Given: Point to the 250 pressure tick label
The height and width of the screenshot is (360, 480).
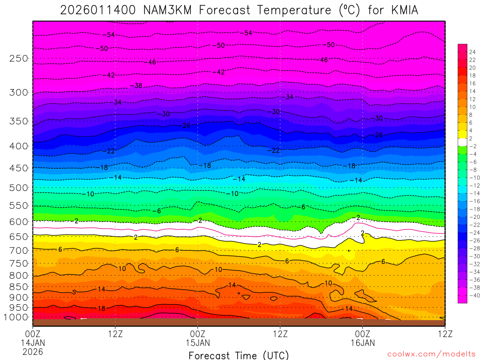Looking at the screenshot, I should pos(19,59).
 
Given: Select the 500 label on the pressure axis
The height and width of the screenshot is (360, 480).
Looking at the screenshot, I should pos(19,188).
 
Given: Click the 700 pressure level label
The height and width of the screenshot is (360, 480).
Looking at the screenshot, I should pos(19,250).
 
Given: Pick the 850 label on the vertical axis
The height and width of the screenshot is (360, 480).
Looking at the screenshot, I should pos(19,287).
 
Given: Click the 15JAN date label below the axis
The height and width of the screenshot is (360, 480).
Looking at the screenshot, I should pos(198,343).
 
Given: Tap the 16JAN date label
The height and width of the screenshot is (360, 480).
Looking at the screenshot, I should pos(362,343).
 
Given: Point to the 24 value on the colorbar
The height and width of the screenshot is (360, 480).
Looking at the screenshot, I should pos(472,52).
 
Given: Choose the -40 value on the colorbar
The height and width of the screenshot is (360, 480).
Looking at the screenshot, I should pos(472,295).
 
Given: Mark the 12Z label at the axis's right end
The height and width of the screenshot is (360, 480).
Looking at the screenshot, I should pos(444,334).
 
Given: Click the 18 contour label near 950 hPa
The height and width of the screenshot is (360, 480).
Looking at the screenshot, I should pos(101,308).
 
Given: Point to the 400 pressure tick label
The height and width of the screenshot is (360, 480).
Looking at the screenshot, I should pos(19,146).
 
